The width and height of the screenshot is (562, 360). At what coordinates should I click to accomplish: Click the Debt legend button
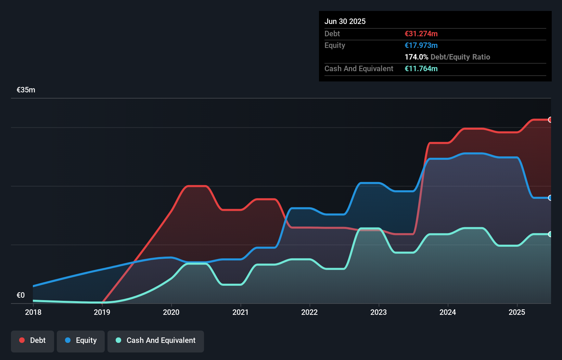click(33, 340)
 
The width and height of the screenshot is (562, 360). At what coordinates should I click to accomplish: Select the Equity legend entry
click(81, 340)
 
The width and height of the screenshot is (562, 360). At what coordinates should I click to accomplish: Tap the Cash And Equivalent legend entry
click(156, 340)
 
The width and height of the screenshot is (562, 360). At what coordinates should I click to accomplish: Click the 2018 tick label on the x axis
click(33, 312)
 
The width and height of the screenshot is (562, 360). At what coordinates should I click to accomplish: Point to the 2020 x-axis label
click(171, 312)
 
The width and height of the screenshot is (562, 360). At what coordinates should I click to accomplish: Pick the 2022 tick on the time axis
click(309, 312)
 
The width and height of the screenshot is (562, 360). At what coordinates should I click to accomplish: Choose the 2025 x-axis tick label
click(517, 312)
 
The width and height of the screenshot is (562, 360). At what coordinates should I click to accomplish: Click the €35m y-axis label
click(26, 90)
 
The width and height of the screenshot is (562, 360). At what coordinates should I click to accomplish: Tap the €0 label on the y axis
click(21, 295)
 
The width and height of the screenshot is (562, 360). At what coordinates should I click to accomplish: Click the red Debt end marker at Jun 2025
click(550, 120)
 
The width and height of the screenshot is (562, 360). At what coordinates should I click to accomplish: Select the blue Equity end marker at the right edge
click(550, 198)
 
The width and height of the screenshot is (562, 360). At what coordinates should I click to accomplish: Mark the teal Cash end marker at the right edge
click(550, 234)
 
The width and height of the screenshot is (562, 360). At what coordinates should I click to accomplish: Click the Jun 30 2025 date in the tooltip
click(345, 21)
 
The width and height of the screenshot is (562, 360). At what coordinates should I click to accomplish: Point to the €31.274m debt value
click(421, 34)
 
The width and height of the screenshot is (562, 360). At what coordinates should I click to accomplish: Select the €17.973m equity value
click(421, 45)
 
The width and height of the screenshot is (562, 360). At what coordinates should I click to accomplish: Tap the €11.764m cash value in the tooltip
click(421, 68)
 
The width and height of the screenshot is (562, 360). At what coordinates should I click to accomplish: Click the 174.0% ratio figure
click(416, 57)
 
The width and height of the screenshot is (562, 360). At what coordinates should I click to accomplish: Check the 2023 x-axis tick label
click(379, 312)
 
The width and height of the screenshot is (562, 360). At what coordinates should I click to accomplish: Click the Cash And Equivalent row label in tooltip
click(359, 68)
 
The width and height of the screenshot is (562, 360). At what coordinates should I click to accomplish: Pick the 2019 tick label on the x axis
click(102, 312)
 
